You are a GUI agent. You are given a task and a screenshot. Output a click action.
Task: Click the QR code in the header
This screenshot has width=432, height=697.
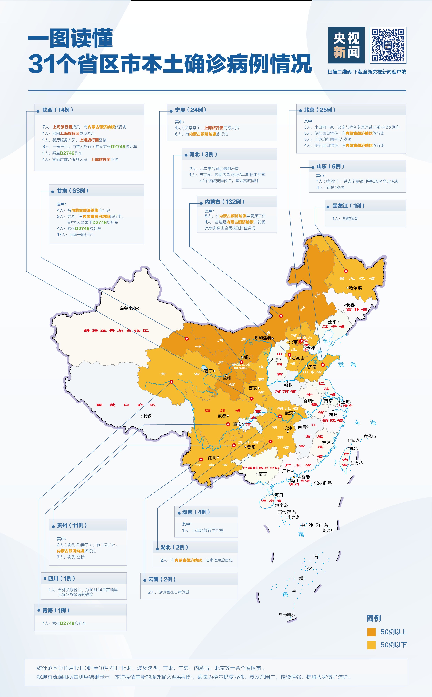tap(388, 45)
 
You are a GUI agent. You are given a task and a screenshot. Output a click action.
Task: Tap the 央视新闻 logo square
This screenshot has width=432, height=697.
tap(346, 45)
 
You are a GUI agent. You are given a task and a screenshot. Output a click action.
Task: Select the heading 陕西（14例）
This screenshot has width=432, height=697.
tap(58, 110)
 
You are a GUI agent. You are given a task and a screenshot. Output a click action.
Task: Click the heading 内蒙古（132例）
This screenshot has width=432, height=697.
tap(225, 202)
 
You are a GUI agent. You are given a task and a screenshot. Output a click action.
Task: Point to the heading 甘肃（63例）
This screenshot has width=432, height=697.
tap(73, 191)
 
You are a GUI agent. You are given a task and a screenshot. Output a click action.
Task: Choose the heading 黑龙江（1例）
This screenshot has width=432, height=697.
tap(348, 206)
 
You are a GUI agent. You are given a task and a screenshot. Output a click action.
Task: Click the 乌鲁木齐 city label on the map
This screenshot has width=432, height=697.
tap(128, 308)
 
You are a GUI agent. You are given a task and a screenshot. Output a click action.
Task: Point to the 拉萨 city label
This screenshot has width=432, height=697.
tap(148, 416)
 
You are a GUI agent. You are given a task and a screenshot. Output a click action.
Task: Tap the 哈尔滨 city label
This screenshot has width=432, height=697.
tap(355, 288)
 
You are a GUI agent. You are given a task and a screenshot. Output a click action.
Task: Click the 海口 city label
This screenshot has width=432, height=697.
tap(279, 495)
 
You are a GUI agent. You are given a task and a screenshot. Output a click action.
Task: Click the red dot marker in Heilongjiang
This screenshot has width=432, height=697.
tap(346, 271)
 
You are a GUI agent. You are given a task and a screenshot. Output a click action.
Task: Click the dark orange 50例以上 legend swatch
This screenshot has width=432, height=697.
tap(371, 632)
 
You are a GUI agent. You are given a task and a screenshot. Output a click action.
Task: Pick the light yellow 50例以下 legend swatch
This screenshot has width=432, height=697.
tap(371, 645)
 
